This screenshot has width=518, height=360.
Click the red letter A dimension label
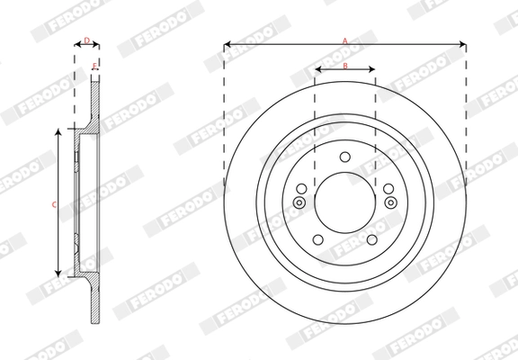[x=344, y=39]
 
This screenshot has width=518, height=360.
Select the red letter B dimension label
[x=345, y=66]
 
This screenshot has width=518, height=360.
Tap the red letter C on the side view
[x=54, y=205]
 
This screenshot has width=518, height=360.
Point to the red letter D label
[x=86, y=40]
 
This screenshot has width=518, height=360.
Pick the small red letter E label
[x=95, y=67]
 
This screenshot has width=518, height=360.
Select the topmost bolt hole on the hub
[x=344, y=158]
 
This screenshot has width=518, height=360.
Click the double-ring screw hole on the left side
[x=299, y=202]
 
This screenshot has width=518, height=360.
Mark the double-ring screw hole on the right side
[x=390, y=202]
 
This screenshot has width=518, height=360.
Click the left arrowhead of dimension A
[x=226, y=44]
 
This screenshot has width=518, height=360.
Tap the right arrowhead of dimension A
[x=463, y=44]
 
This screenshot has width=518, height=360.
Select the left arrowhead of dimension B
[x=317, y=71]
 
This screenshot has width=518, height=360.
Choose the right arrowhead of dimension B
[x=372, y=71]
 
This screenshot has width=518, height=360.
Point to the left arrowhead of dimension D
[x=76, y=45]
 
